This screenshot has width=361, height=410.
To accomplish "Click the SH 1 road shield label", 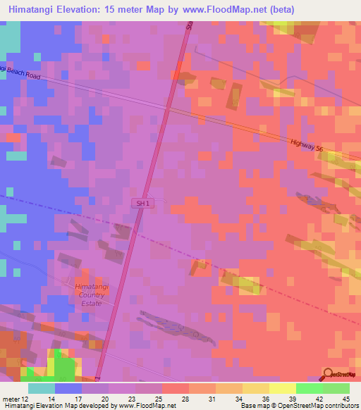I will click(x=143, y=203).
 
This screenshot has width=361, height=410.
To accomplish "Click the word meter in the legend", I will click(x=11, y=399).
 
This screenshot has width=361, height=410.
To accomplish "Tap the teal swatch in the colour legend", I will click(x=42, y=388).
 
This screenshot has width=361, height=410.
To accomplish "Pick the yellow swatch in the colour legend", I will click(x=282, y=388).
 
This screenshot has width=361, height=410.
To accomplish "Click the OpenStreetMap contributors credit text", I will click(x=304, y=406).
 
